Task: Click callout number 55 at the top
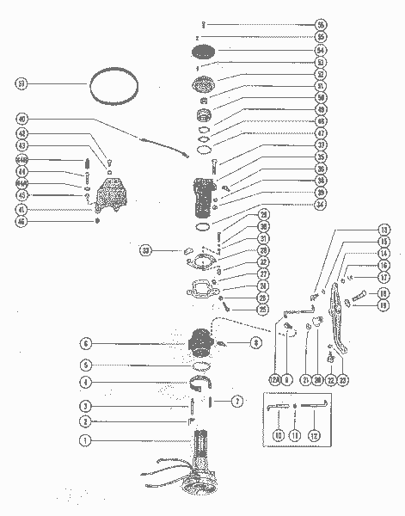click(x=321, y=25)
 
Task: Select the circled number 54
click(x=321, y=50)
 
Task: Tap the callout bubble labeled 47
click(x=321, y=134)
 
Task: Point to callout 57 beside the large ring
click(x=21, y=83)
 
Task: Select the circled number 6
click(x=86, y=343)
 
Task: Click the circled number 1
click(x=85, y=440)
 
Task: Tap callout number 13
click(x=384, y=230)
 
